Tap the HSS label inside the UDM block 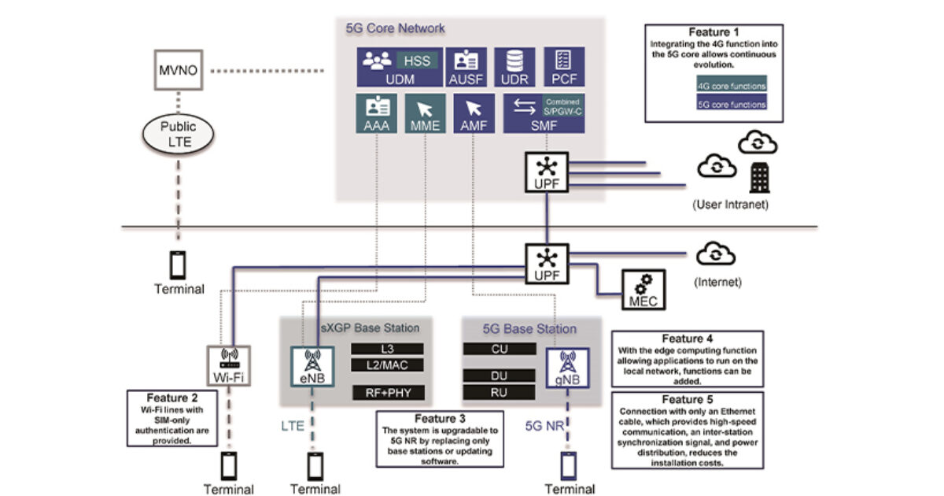(x=414, y=60)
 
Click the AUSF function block (x=466, y=67)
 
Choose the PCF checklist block (x=562, y=67)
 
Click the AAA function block (x=377, y=114)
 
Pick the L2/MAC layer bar (x=387, y=365)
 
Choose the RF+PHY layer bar (x=387, y=391)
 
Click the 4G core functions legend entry (x=731, y=86)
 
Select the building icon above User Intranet (x=758, y=178)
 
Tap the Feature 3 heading (x=440, y=419)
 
